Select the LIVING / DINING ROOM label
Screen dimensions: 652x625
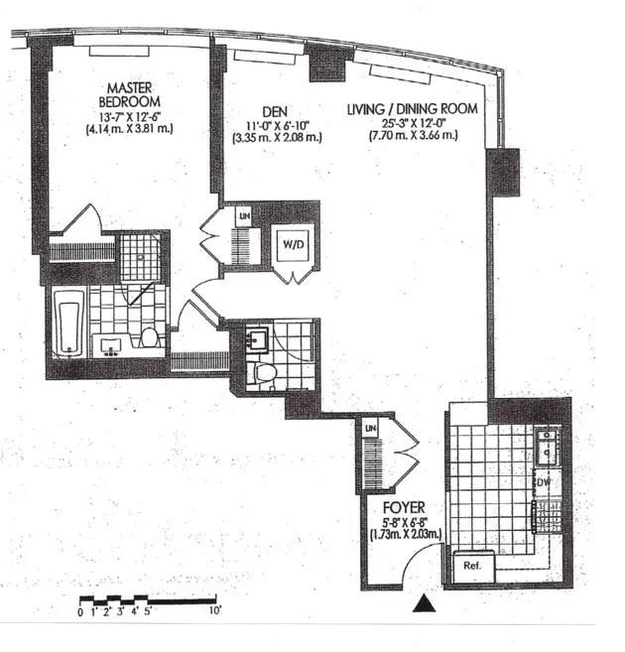pos(411,108)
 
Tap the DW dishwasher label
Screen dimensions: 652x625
pos(543,481)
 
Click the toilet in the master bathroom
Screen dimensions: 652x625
pos(150,337)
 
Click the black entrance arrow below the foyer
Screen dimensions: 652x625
pos(425,602)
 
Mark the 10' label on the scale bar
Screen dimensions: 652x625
pos(214,611)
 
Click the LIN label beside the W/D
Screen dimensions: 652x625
pos(243,214)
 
